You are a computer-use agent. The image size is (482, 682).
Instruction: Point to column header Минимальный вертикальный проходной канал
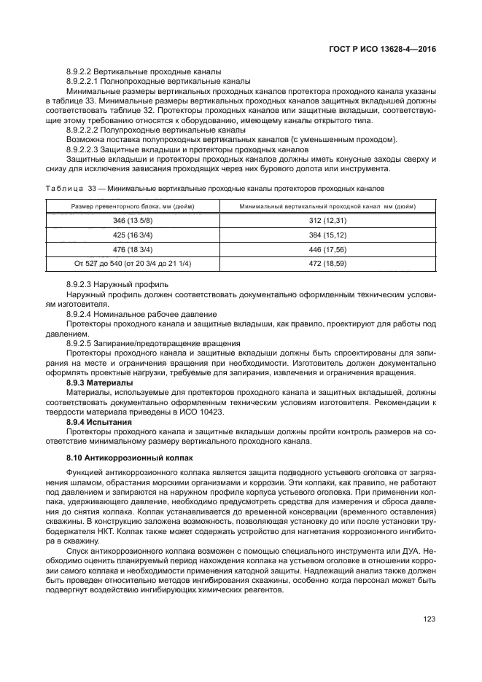click(327, 206)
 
